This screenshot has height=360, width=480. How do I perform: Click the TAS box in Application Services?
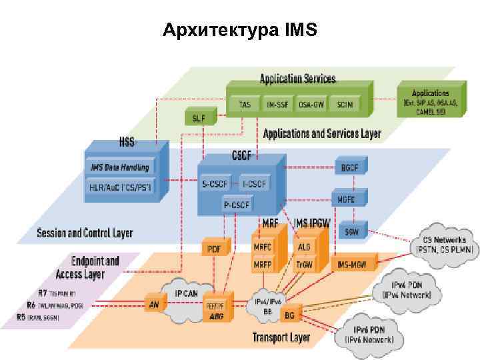[245, 105]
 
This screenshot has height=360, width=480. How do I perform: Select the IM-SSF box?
[277, 105]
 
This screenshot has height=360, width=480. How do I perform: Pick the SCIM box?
[345, 105]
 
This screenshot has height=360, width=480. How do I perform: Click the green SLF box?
[199, 117]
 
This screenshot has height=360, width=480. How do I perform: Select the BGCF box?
[349, 167]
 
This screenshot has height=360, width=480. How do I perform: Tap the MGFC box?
[347, 199]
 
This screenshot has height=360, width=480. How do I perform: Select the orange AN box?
[154, 304]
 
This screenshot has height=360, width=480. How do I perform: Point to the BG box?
[289, 314]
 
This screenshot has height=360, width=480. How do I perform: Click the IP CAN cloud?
[186, 294]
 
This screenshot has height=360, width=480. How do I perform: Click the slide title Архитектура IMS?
[241, 31]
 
